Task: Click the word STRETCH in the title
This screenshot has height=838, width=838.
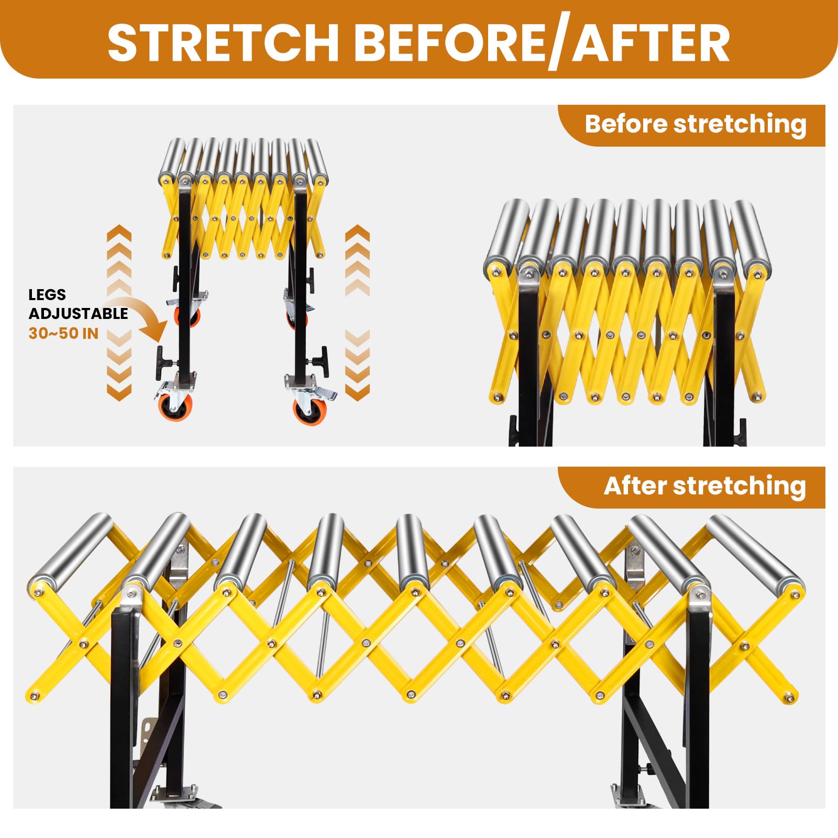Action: [224, 42]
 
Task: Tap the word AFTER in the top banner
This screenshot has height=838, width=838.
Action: [652, 42]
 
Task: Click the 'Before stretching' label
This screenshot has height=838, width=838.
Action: [696, 125]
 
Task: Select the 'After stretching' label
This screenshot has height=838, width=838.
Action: [704, 487]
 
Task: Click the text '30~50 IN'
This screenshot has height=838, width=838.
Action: [63, 333]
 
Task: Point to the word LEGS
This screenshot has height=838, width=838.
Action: [47, 294]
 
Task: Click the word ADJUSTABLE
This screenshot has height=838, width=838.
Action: [78, 314]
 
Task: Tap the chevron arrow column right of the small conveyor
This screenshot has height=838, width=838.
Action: [358, 313]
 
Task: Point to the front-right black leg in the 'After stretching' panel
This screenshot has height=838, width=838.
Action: [697, 702]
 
